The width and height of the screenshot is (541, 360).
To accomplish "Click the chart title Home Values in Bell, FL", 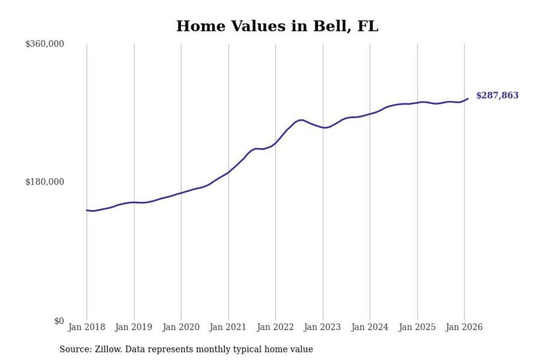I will pyautogui.click(x=277, y=27).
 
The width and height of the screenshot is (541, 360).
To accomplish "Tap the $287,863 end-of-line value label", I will pyautogui.click(x=497, y=95).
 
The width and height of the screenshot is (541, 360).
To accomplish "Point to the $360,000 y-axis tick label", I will pyautogui.click(x=45, y=44).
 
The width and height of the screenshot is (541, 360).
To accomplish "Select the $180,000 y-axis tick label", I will pyautogui.click(x=45, y=182).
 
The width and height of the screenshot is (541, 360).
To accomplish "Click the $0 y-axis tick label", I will pyautogui.click(x=58, y=321).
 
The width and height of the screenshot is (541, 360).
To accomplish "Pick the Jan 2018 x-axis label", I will pyautogui.click(x=87, y=327).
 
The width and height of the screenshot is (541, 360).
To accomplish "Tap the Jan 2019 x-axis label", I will pyautogui.click(x=134, y=327).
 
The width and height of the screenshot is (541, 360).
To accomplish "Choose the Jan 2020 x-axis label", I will pyautogui.click(x=181, y=327).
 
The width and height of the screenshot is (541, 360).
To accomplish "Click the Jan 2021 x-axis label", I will pyautogui.click(x=228, y=327).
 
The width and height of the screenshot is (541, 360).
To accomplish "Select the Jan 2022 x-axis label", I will pyautogui.click(x=276, y=327).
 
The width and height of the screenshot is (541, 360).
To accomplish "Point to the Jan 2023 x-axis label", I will pyautogui.click(x=323, y=327).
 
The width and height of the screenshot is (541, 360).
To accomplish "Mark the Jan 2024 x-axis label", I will pyautogui.click(x=370, y=327).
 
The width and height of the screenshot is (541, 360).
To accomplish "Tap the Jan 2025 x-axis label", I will pyautogui.click(x=417, y=327).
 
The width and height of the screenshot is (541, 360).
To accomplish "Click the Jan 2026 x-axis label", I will pyautogui.click(x=465, y=327).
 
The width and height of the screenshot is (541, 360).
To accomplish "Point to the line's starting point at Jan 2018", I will pyautogui.click(x=87, y=210).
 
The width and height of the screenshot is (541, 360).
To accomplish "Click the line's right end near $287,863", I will pyautogui.click(x=468, y=99).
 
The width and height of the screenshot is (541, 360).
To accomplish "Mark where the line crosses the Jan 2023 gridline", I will pyautogui.click(x=323, y=128).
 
